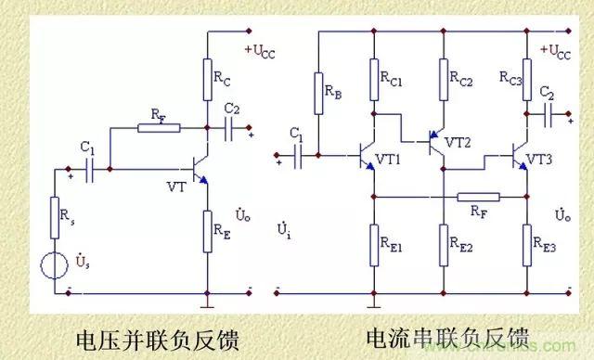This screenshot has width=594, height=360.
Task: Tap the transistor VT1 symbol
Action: [x=364, y=158]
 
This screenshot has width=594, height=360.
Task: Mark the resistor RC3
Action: [x=526, y=74]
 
